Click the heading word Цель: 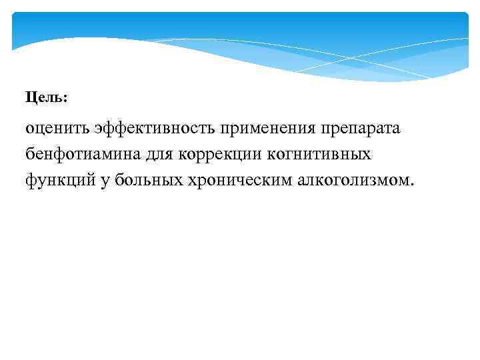point(47,97)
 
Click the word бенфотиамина point(83,154)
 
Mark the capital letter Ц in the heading point(31,97)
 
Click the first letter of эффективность point(99,129)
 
